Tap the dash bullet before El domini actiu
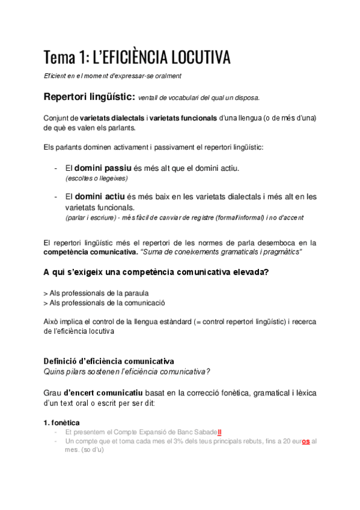(55, 197)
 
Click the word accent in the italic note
(291, 218)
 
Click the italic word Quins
(53, 371)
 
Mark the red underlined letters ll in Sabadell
(220, 432)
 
